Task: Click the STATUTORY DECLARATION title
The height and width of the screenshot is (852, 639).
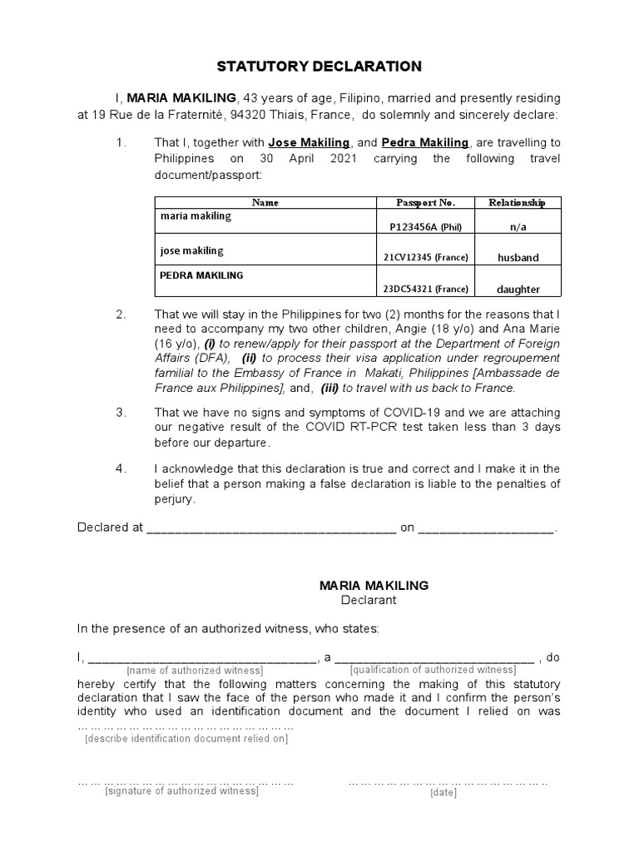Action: click(319, 66)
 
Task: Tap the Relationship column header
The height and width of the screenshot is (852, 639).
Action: click(517, 202)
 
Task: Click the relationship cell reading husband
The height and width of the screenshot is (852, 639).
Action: click(518, 258)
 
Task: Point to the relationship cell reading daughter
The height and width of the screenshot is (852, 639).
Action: click(518, 289)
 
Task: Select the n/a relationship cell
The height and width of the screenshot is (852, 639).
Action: click(518, 227)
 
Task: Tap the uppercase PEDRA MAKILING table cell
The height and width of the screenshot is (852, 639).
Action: click(201, 275)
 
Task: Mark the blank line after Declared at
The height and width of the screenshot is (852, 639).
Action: click(271, 528)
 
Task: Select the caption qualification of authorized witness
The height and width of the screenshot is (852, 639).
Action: click(433, 670)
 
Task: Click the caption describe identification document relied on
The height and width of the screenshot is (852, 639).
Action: click(186, 738)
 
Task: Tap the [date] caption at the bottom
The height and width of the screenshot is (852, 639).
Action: click(443, 793)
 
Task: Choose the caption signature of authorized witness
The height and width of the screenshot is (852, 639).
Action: click(181, 791)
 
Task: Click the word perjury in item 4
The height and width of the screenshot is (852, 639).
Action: click(174, 499)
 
